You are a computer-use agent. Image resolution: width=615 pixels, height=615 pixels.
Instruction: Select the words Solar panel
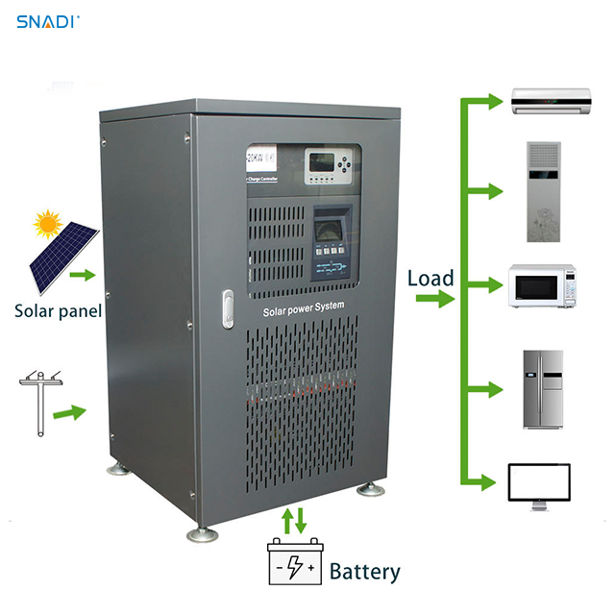pos(58,310)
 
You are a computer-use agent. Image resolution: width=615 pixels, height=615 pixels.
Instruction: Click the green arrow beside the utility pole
pos(70,413)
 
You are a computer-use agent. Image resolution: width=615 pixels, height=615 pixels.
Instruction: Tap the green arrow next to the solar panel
pos(86,276)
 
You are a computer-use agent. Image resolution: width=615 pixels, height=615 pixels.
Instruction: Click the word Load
pos(430,279)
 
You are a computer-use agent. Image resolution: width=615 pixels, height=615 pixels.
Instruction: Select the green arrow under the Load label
pos(434,300)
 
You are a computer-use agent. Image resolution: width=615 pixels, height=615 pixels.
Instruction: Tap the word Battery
pos(364,572)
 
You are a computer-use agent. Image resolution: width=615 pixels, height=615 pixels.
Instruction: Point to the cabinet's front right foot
pos(370,489)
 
